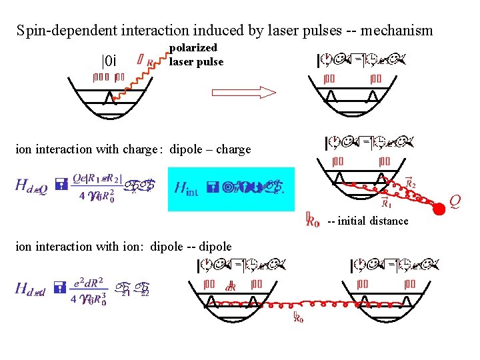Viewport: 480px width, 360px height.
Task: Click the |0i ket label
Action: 109,61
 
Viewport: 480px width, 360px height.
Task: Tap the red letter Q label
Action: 454,199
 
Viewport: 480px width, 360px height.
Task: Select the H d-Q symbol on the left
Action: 31,188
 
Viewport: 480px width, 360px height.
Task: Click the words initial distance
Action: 373,221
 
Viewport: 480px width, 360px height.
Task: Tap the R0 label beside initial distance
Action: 311,221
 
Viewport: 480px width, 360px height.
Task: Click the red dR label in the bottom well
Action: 231,287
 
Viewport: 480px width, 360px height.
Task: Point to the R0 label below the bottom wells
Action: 298,318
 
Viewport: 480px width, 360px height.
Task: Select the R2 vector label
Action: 410,181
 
